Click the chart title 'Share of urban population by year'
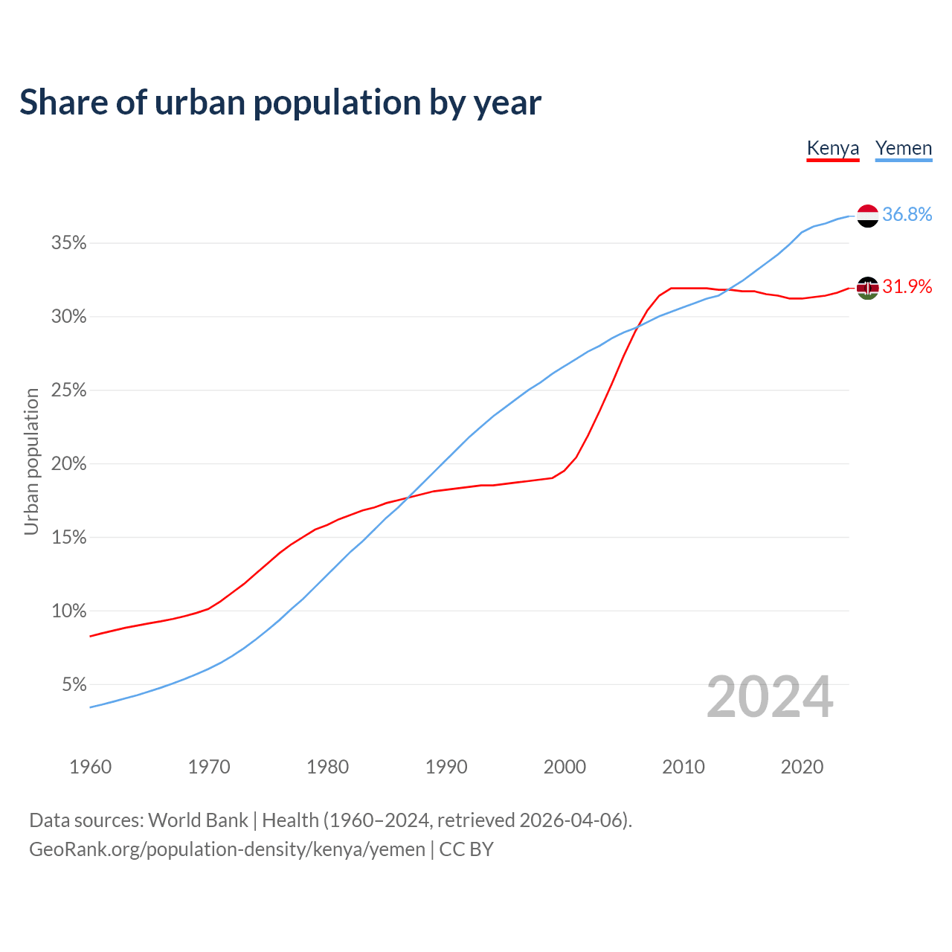[x=280, y=103]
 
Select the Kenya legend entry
[x=833, y=148]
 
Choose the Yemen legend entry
[x=904, y=148]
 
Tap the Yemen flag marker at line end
[x=868, y=216]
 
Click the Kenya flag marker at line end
[x=868, y=287]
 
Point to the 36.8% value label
[x=907, y=215]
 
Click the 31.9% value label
[x=907, y=287]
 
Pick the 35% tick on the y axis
[x=69, y=243]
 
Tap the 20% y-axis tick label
[x=69, y=464]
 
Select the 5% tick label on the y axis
[x=74, y=684]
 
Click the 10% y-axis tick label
[x=69, y=611]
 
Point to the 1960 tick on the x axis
[x=90, y=767]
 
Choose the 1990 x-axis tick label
[x=446, y=767]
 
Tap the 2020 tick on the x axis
[x=802, y=767]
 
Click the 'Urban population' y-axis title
[x=31, y=461]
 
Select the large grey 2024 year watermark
[x=770, y=698]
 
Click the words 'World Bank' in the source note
[x=198, y=820]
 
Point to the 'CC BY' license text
[x=466, y=849]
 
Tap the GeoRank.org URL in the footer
[x=227, y=849]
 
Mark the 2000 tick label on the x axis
[x=565, y=767]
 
